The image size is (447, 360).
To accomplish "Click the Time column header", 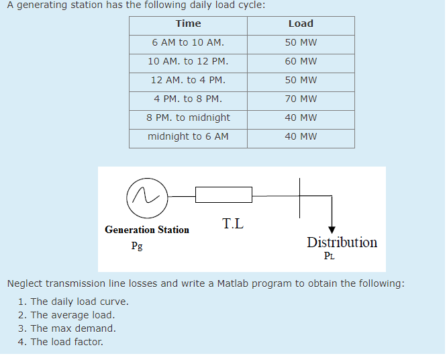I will [188, 24].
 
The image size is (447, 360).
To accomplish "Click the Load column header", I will [301, 24].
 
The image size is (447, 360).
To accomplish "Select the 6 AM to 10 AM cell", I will [188, 42].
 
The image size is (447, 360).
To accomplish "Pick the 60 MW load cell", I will [301, 61].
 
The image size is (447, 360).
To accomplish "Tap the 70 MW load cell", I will [301, 99].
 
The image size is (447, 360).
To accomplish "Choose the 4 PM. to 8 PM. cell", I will [188, 99].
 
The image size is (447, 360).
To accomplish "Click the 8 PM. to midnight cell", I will [188, 118].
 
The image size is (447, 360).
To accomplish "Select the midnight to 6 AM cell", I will [188, 136].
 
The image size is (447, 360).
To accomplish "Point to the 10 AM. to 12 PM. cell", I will [188, 61].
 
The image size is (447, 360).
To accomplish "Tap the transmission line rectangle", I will [223, 195].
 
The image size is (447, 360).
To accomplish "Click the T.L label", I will [233, 224].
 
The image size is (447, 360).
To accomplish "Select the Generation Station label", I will [147, 230].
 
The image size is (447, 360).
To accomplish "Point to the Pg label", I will [137, 245].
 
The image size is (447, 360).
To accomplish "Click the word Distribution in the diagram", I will [342, 242].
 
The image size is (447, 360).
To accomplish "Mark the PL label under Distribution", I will [329, 255].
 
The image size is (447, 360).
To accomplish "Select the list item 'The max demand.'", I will [73, 328].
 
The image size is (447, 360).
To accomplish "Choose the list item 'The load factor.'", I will [67, 342].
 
